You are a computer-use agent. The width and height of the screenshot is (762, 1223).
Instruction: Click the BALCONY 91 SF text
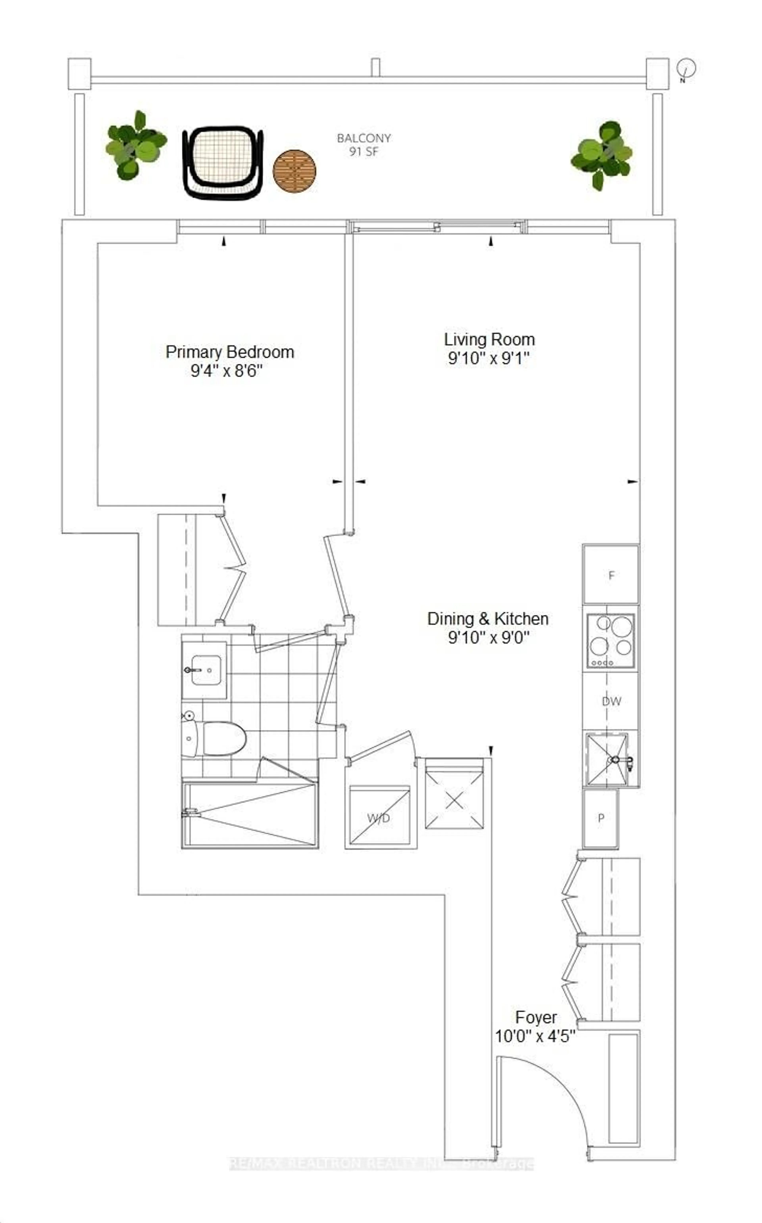363,145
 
